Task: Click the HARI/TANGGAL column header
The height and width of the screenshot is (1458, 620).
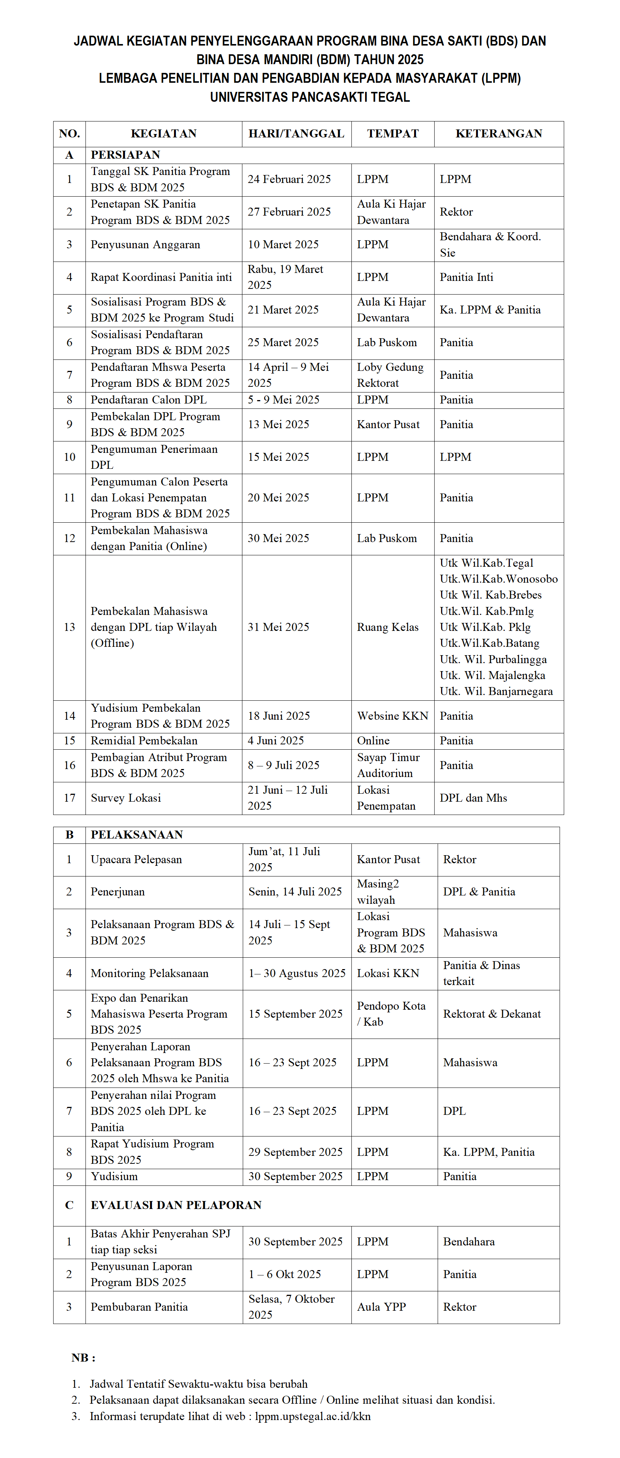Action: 296,134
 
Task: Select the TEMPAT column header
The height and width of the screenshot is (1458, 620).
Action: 392,134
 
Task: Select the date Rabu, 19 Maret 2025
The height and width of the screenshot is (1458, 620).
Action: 285,277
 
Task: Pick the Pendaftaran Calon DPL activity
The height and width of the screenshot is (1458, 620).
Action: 148,400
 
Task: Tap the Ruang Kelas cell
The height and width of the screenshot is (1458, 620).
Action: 387,627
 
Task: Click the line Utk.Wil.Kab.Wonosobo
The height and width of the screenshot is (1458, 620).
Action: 498,579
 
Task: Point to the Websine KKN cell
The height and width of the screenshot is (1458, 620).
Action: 392,716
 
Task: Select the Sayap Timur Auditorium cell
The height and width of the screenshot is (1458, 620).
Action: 388,765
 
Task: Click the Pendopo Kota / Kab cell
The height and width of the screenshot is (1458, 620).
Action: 391,1014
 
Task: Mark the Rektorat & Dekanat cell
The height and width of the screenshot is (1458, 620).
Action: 492,1014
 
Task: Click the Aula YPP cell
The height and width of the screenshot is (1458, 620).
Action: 381,1307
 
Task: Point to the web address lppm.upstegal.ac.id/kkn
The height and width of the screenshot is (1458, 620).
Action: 313,1416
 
